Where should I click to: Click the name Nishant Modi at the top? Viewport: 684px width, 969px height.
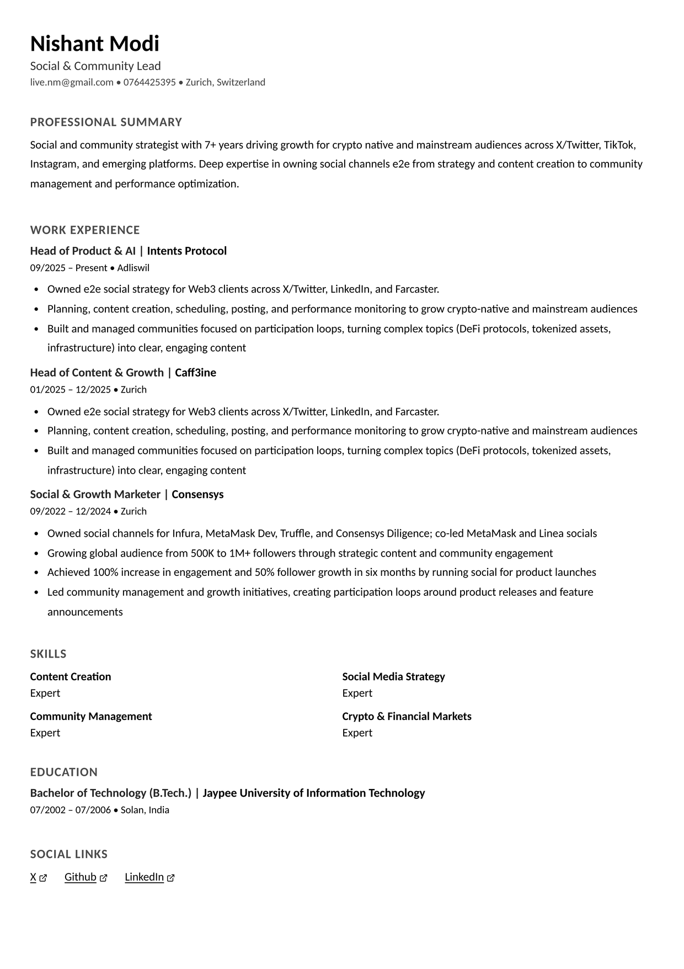94,44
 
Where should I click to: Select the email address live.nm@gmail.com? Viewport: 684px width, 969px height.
72,82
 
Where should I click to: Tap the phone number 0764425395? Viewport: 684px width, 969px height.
149,82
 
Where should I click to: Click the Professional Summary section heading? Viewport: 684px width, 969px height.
106,122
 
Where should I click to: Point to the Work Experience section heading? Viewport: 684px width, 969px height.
85,230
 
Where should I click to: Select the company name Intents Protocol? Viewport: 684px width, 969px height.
187,251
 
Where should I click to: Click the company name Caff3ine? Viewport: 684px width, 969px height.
195,373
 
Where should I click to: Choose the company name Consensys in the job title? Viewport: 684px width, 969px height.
197,494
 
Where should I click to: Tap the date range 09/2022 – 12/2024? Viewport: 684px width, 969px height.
71,511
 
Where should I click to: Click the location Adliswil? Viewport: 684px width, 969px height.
133,268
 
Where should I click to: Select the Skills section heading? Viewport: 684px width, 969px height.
48,654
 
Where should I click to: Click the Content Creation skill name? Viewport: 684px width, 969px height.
71,676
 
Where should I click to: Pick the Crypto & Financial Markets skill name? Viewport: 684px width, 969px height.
407,716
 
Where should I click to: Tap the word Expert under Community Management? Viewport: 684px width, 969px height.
45,733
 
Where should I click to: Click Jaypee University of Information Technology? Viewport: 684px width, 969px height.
314,793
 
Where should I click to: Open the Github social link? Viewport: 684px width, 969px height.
81,877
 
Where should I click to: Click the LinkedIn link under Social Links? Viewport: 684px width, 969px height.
144,877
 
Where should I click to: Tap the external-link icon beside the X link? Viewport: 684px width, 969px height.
43,878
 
